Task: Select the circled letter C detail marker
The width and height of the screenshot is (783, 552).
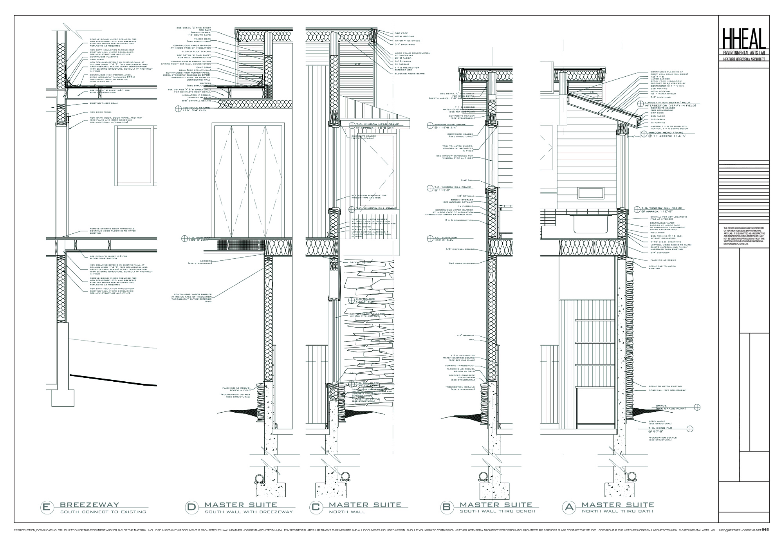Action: point(316,507)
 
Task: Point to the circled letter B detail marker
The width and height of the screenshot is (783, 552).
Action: point(446,507)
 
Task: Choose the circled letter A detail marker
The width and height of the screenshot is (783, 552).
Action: point(568,507)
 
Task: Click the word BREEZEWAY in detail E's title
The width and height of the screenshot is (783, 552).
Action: point(89,505)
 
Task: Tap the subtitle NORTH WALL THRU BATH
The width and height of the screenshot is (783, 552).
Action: point(617,511)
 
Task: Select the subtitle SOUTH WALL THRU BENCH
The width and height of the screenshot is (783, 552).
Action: point(497,511)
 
